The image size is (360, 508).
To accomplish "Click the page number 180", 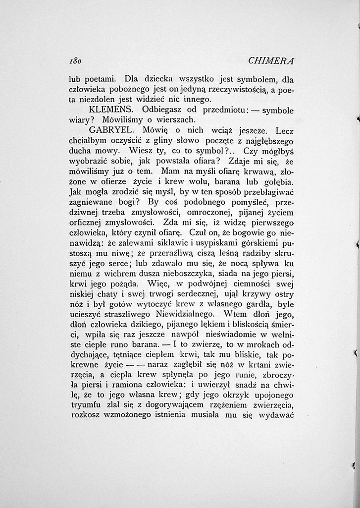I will [x=75, y=61].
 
